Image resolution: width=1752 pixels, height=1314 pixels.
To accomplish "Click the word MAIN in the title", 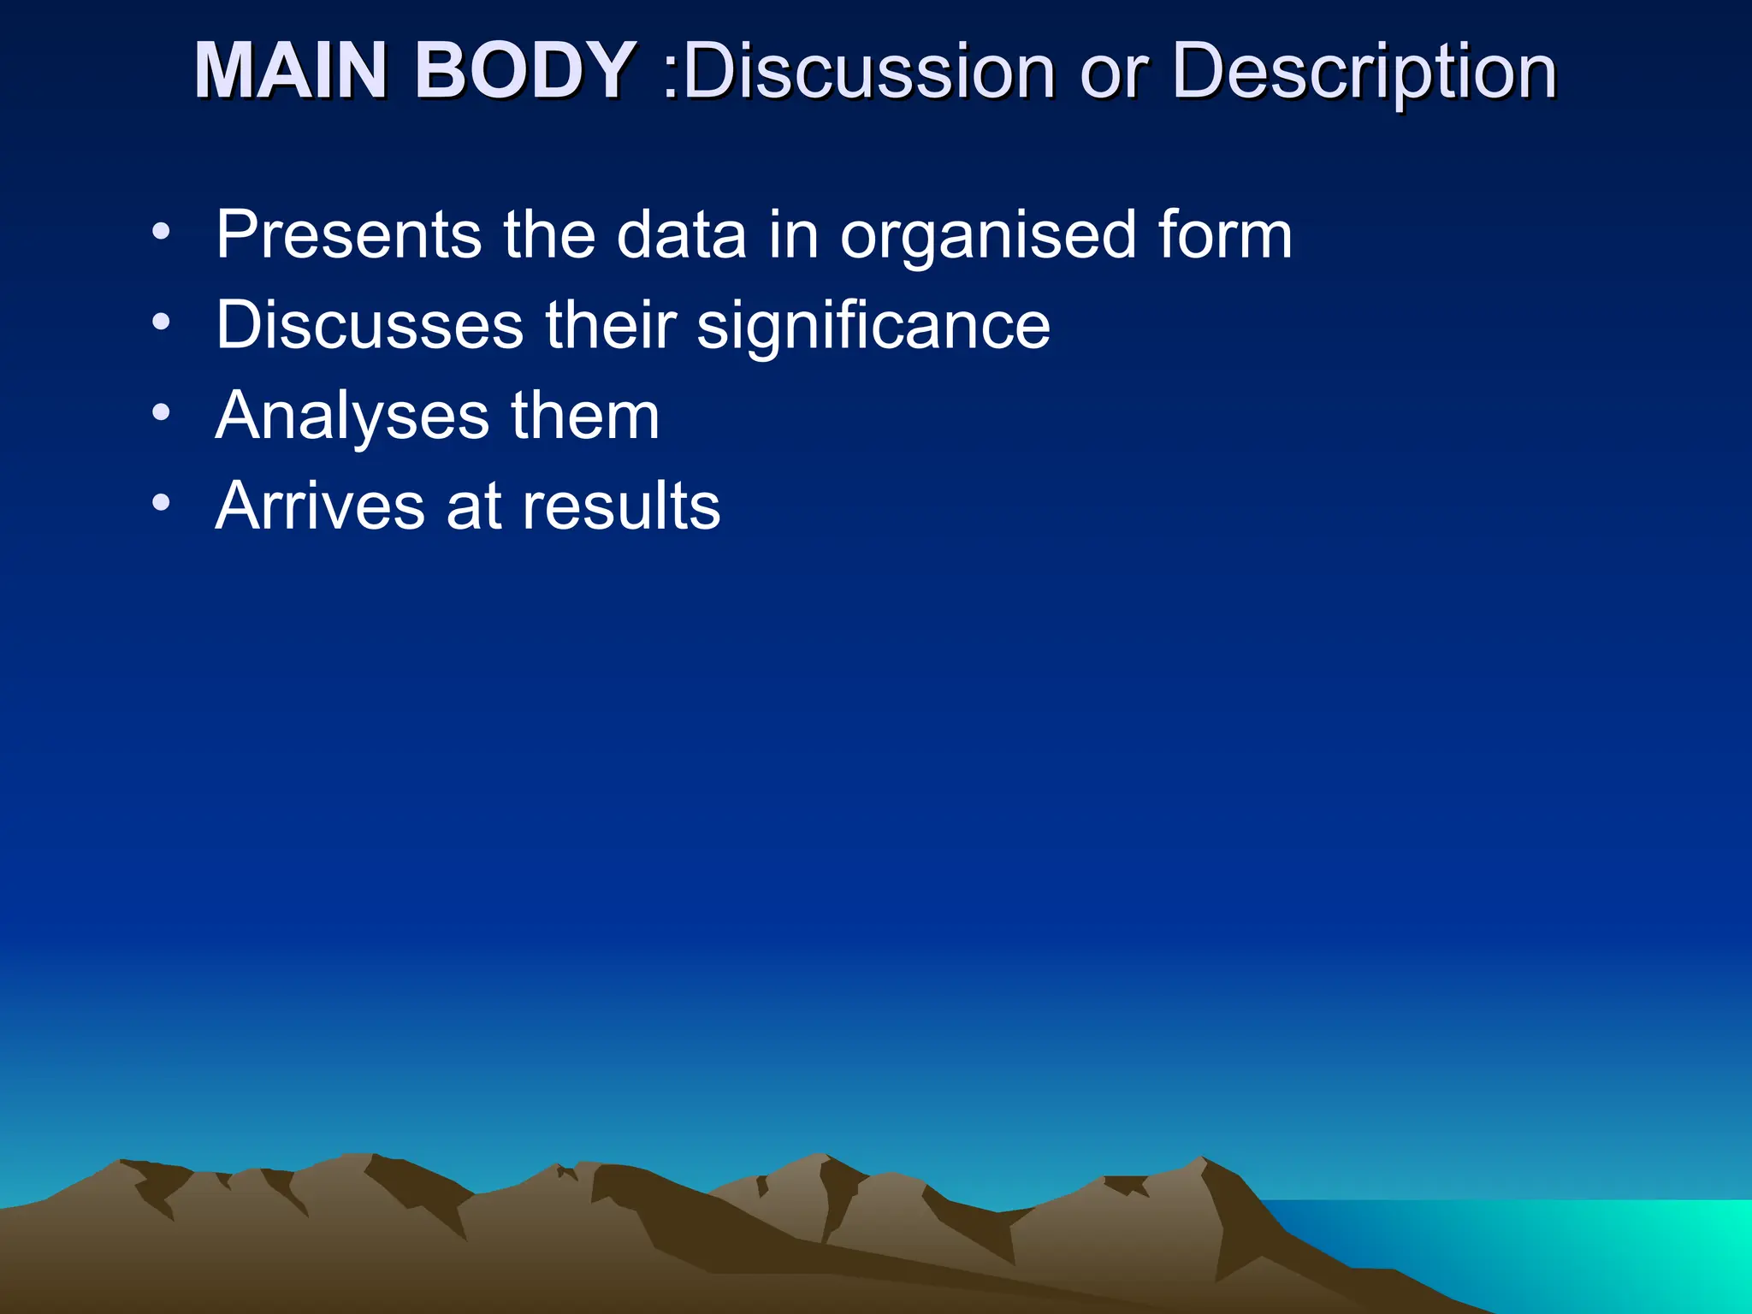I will [292, 71].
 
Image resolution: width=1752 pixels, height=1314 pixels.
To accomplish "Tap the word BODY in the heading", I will [524, 71].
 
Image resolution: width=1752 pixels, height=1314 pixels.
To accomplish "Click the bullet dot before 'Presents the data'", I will [161, 233].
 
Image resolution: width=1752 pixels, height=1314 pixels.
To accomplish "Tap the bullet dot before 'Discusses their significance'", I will [161, 323].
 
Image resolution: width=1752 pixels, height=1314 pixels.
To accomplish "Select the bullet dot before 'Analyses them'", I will [161, 414].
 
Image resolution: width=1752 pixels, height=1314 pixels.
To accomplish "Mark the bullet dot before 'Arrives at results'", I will [161, 504].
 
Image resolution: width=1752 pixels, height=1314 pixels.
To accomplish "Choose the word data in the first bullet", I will [681, 235].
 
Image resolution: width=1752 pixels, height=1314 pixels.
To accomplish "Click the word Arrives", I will [319, 506].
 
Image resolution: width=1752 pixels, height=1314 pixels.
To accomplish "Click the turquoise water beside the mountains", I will [1583, 1249].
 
